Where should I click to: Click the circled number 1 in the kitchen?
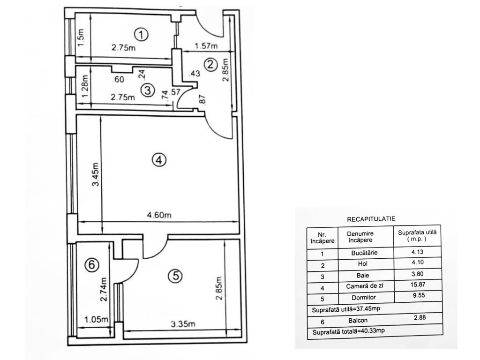(142, 35)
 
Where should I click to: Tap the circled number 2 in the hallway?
(210, 65)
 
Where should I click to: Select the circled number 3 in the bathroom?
(148, 90)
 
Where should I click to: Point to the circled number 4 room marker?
(159, 160)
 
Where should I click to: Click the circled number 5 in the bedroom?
(176, 276)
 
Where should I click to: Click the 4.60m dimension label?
(159, 215)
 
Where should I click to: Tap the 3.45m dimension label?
(96, 174)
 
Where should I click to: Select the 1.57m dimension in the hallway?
(206, 46)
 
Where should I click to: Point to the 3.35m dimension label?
(183, 323)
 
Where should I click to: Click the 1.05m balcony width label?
(96, 320)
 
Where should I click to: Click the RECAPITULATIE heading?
(371, 219)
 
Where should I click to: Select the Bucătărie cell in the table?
(364, 253)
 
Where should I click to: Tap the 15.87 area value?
(418, 285)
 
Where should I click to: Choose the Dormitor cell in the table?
(364, 298)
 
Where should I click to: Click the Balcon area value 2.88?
(420, 318)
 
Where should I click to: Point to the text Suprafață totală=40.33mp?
(348, 331)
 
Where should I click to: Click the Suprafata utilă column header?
(417, 236)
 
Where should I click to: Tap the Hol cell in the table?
(362, 264)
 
